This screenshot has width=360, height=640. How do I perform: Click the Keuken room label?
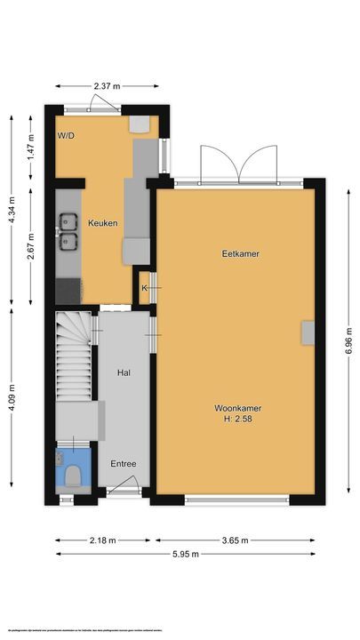click(102, 223)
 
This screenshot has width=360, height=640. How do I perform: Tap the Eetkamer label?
click(240, 254)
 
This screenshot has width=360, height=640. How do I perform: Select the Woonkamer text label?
click(237, 409)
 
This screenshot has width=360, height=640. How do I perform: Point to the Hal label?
click(124, 375)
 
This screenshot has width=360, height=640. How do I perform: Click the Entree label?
click(124, 464)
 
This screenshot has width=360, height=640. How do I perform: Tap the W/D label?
click(67, 136)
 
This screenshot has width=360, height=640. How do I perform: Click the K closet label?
click(143, 287)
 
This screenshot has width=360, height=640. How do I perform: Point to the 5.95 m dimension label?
click(189, 554)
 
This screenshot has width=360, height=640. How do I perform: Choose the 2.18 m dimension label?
click(101, 540)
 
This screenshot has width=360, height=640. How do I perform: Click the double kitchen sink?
click(67, 229)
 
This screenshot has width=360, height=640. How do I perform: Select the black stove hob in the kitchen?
click(67, 289)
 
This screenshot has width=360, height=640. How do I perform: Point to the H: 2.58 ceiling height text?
click(237, 420)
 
